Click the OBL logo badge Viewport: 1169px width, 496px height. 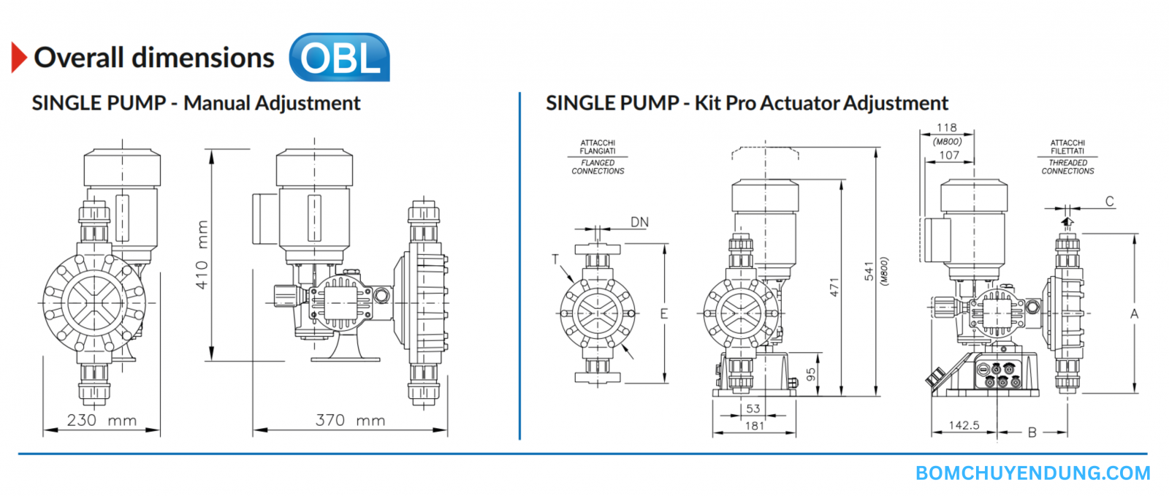click(340, 57)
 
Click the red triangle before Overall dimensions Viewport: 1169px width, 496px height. click(19, 58)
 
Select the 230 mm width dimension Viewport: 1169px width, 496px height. click(102, 420)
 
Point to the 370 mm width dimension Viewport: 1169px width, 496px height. click(350, 420)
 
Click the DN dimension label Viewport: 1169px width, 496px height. click(639, 222)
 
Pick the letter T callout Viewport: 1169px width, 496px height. click(555, 259)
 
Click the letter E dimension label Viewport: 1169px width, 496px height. click(664, 314)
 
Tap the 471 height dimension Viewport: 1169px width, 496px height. click(834, 287)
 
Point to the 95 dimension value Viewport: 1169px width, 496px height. click(811, 375)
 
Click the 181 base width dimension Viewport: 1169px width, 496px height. click(755, 425)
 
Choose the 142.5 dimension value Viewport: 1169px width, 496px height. click(964, 425)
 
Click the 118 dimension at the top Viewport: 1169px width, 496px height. click(947, 128)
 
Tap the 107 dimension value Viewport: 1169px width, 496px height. click(949, 155)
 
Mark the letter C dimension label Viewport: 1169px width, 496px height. click(1109, 202)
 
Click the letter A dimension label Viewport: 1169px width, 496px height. click(1134, 314)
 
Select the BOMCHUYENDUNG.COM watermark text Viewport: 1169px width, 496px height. click(1032, 473)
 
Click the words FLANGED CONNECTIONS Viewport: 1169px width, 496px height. click(598, 167)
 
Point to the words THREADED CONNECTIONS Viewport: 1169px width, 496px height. click(1067, 167)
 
